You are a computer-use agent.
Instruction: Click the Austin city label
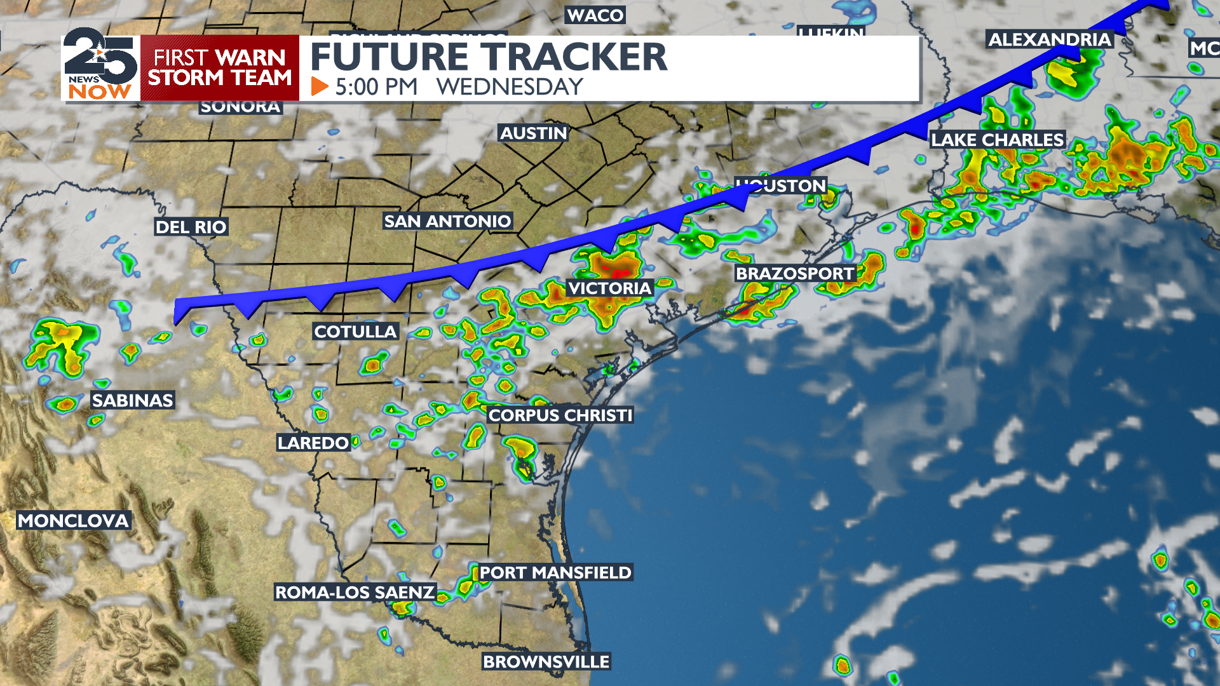(x=533, y=133)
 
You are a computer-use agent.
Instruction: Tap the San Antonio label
(x=447, y=221)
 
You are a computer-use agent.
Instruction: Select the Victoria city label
(x=609, y=288)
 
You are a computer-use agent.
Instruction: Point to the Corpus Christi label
(x=560, y=415)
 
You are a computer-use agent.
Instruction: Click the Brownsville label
(x=546, y=662)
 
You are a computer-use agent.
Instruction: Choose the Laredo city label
(x=313, y=443)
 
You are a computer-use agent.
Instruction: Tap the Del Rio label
(x=191, y=227)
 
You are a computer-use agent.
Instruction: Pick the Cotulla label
(x=355, y=332)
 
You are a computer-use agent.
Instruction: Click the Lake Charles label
(x=997, y=140)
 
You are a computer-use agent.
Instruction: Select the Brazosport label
(x=795, y=274)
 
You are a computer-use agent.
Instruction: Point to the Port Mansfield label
(x=555, y=573)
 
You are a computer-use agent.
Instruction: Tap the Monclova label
(x=73, y=521)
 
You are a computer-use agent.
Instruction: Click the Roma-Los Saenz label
(x=355, y=593)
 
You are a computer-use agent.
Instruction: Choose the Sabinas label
(x=132, y=400)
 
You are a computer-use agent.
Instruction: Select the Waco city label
(x=595, y=15)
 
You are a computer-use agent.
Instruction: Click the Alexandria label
(x=1049, y=39)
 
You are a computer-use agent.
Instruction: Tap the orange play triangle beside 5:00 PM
(x=320, y=86)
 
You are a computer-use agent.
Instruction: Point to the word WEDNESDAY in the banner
(x=510, y=87)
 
